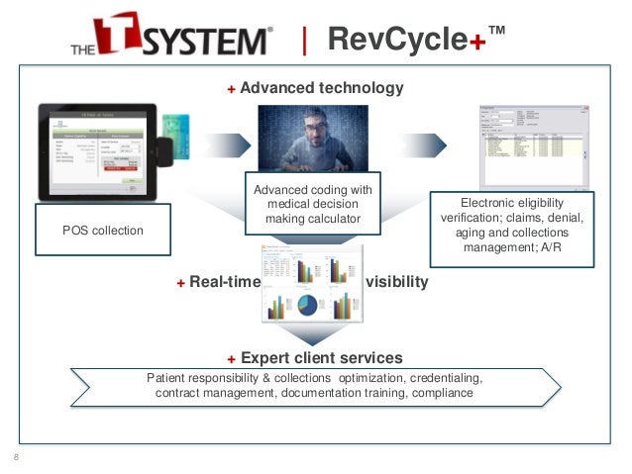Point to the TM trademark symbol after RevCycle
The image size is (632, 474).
496,31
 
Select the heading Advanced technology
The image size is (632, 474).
322,88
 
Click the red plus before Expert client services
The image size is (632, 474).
231,358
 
